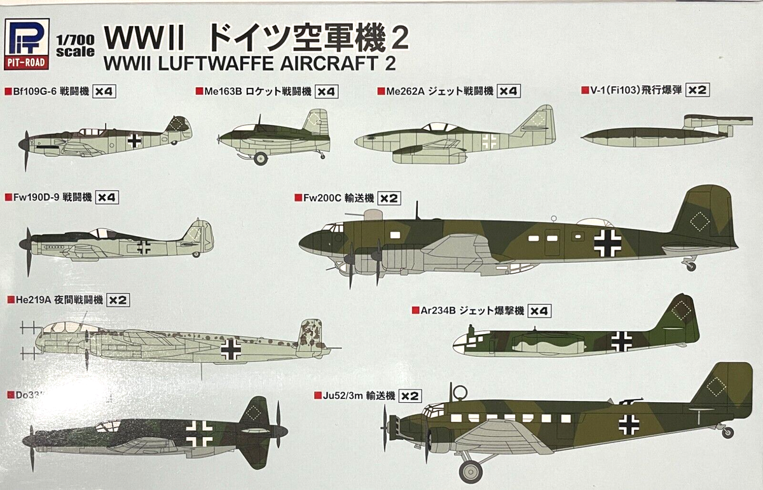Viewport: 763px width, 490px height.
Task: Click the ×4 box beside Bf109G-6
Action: coord(104,92)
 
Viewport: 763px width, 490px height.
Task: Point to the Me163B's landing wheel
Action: coord(260,158)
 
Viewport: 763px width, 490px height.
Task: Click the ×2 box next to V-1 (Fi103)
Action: coord(698,90)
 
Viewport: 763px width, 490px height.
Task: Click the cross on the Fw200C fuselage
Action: coord(607,242)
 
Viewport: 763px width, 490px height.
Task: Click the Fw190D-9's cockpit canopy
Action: coord(100,233)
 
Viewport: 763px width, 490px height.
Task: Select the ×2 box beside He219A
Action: coord(118,300)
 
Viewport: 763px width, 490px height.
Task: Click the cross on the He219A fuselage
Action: coord(230,348)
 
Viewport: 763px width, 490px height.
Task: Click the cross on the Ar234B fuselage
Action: coord(621,340)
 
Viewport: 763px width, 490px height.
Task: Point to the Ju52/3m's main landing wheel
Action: coord(471,470)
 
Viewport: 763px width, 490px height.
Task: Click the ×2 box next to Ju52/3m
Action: coord(410,396)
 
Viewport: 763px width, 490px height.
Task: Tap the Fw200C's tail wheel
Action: coord(691,266)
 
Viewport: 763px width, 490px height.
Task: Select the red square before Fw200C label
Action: coord(298,198)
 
